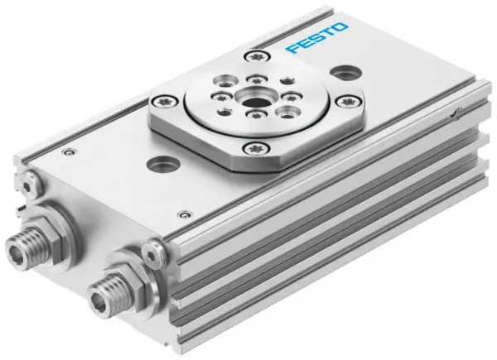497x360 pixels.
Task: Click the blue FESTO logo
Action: click(317, 39)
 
